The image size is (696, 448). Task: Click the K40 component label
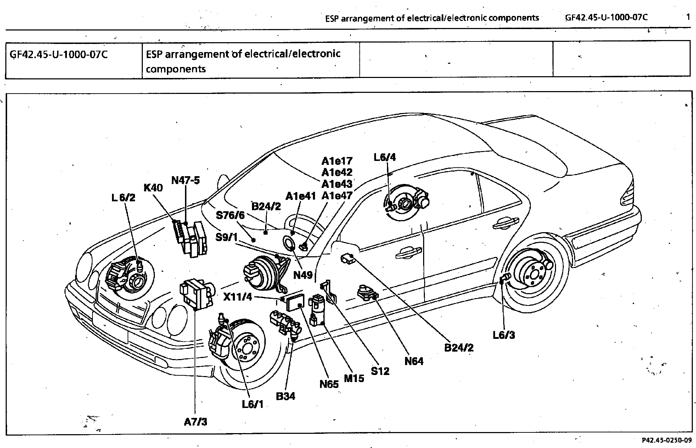(x=153, y=187)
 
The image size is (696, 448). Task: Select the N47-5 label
(x=185, y=180)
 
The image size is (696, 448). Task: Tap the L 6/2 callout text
(x=123, y=198)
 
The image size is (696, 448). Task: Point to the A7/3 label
(x=195, y=422)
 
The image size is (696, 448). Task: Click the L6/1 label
(x=253, y=404)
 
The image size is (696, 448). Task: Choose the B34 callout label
(x=285, y=396)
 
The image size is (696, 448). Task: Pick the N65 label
(x=329, y=384)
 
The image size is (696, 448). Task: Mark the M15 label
(x=354, y=378)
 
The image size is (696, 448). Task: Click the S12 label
(x=380, y=371)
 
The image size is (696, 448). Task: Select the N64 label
(x=414, y=361)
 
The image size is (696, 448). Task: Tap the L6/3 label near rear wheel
(x=504, y=335)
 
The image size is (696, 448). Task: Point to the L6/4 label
(x=385, y=157)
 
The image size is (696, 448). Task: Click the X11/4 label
(x=237, y=297)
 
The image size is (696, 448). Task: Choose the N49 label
(x=303, y=275)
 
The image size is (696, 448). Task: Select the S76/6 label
(x=230, y=215)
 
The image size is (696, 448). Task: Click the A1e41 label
(x=301, y=196)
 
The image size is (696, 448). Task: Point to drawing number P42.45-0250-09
(x=666, y=441)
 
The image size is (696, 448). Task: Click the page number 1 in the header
(x=688, y=17)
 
